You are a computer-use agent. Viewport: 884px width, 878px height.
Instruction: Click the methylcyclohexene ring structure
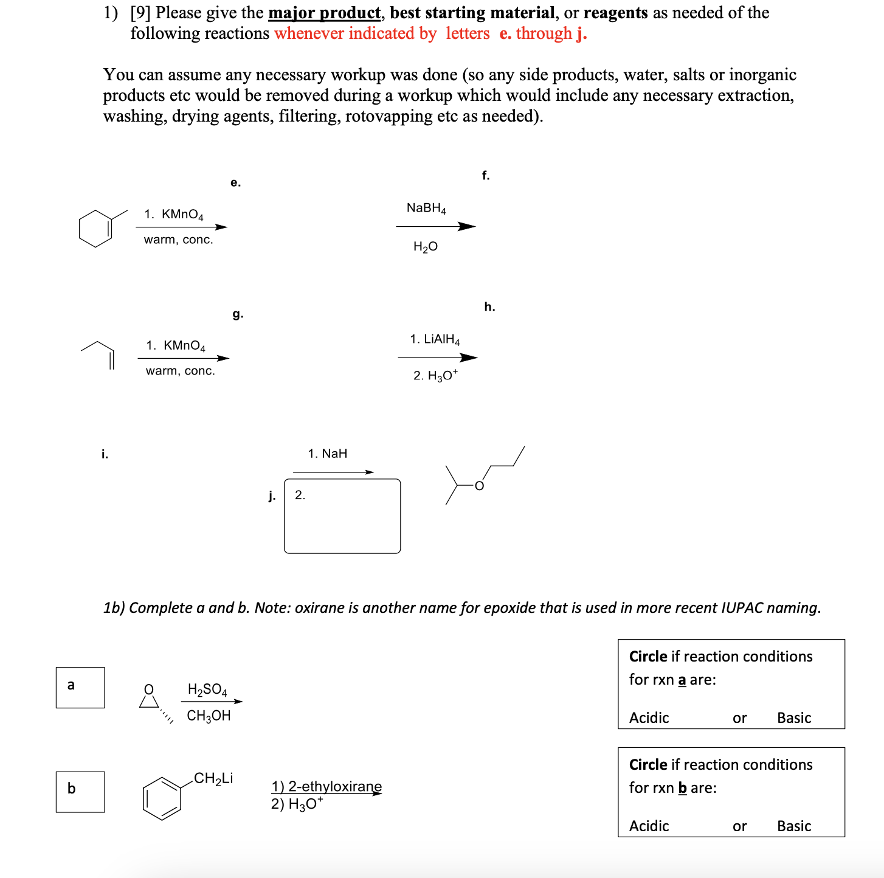click(96, 228)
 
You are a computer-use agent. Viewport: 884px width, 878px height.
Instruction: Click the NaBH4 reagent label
click(426, 208)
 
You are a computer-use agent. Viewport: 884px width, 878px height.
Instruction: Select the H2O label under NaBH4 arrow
click(425, 246)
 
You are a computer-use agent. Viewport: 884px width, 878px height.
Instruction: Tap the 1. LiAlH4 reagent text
click(435, 339)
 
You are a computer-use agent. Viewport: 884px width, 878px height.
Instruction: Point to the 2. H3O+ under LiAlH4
click(435, 375)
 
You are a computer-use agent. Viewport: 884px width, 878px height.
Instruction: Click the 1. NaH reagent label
click(327, 454)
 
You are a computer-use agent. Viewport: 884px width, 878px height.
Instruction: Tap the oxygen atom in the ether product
click(479, 485)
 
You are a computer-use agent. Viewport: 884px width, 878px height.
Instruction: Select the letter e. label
click(235, 182)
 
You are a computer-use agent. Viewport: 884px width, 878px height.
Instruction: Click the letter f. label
click(485, 176)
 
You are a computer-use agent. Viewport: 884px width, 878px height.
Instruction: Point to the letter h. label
click(489, 307)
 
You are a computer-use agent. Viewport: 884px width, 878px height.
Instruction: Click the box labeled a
click(80, 687)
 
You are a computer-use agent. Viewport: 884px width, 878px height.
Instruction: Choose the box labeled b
click(80, 791)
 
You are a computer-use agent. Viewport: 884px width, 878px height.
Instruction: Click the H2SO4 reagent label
click(207, 689)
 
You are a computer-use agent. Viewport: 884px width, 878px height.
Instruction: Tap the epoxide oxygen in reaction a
click(148, 689)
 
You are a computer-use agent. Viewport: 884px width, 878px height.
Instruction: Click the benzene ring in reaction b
click(162, 798)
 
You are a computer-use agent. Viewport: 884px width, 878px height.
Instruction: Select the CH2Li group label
click(213, 778)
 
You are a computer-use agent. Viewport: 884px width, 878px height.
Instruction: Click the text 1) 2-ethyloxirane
click(326, 786)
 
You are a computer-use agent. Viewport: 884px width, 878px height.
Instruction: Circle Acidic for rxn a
click(649, 718)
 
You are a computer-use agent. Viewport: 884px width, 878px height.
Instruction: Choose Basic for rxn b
click(793, 826)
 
